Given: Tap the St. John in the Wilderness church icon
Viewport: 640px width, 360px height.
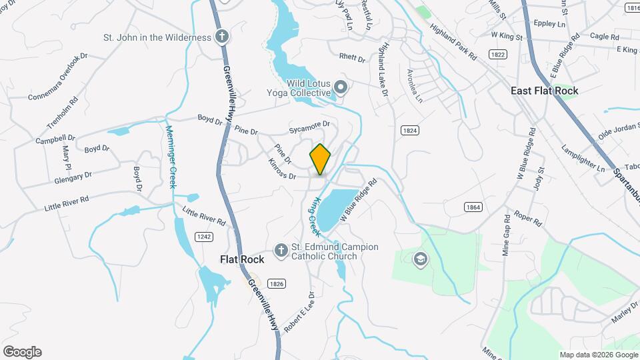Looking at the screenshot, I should click(222, 37).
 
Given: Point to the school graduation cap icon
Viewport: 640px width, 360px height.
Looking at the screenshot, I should click(420, 259).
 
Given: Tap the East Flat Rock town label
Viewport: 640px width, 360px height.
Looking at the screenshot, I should click(544, 90).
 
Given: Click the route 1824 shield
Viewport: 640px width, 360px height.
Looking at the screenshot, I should click(409, 131).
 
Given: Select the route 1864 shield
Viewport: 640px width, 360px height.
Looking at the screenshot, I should click(473, 207).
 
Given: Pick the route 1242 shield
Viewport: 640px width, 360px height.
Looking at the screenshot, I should click(204, 237).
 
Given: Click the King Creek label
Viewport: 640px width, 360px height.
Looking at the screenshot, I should click(314, 216).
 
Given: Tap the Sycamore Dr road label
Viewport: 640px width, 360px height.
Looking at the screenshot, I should click(309, 125).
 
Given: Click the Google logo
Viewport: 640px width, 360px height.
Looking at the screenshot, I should click(22, 352).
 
